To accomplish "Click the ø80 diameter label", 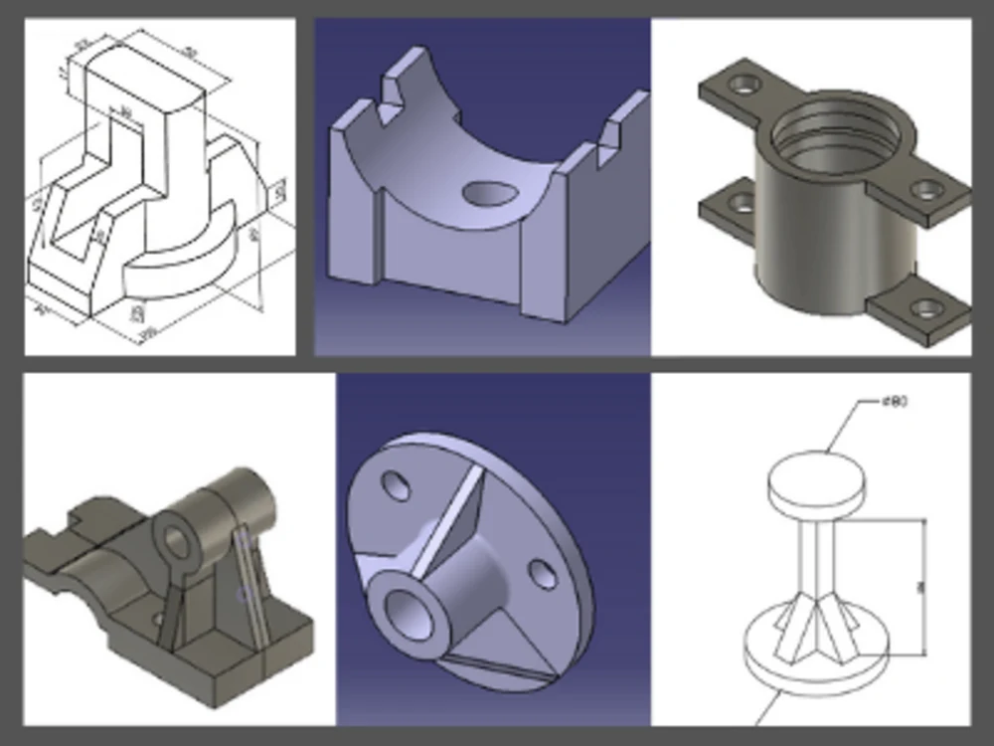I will click(894, 402).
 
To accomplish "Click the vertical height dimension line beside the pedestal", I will click(924, 587).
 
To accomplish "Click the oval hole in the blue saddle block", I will click(489, 192).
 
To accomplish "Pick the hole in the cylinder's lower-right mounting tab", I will click(926, 308).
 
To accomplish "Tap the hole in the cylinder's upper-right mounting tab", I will click(926, 188).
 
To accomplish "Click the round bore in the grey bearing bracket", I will click(177, 542).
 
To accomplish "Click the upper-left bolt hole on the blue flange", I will click(396, 485).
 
